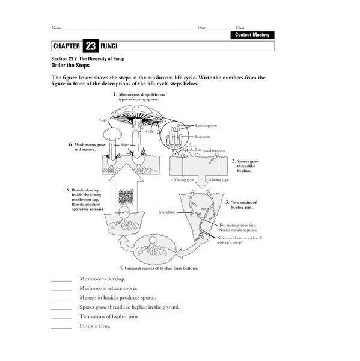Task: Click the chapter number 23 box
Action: [x=90, y=46]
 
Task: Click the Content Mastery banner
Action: [x=252, y=35]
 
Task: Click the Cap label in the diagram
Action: [x=102, y=120]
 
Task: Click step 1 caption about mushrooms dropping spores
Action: [x=140, y=97]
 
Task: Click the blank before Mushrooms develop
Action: [x=61, y=280]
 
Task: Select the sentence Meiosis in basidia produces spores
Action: [x=118, y=297]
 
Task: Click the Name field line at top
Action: [x=126, y=28]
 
